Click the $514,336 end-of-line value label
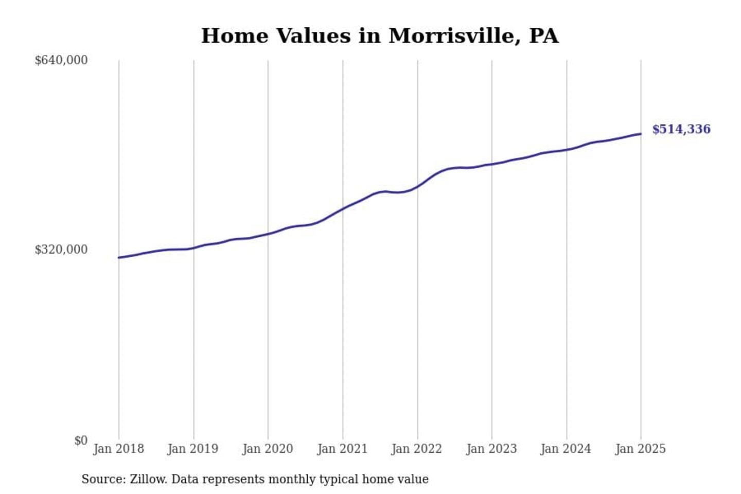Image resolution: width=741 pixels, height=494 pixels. coord(681,129)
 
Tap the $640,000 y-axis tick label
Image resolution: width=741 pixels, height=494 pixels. coord(61,60)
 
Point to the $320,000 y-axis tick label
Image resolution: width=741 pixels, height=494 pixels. coord(61,250)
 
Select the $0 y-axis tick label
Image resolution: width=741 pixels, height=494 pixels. coord(81,440)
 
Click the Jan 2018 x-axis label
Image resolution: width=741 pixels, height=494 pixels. coord(118,449)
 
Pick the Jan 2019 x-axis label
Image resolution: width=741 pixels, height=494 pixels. coord(193,449)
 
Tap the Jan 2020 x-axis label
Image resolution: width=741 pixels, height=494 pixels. coord(268,449)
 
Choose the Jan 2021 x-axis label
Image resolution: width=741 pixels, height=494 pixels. coord(342,449)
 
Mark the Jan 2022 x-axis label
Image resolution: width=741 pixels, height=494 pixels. coord(417,449)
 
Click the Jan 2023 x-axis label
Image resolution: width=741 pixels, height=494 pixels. coord(491,449)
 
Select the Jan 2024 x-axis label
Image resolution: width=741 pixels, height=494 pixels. coord(566,449)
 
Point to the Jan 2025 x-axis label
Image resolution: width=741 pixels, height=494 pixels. coord(641,449)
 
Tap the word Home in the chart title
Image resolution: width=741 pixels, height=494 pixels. coord(234,36)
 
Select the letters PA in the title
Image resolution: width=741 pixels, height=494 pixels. coord(543,36)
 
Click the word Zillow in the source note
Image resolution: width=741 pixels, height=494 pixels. coord(148,479)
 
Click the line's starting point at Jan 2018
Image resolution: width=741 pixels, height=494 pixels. coord(119,257)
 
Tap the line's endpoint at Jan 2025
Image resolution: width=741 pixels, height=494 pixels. coord(641,134)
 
